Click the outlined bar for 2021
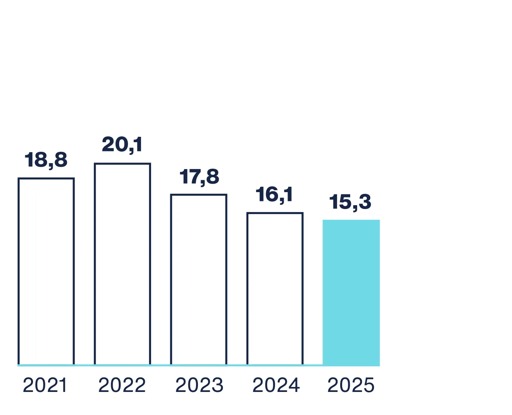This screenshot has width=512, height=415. tap(46, 271)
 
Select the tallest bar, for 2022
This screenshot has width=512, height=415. tap(122, 264)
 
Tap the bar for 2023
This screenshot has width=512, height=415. tap(199, 279)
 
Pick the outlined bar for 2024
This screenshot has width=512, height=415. tap(275, 289)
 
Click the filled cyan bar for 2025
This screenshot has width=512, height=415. tap(351, 292)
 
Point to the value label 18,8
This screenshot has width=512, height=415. tap(46, 160)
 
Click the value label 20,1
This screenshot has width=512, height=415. tap(122, 144)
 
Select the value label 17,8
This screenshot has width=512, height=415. tap(199, 177)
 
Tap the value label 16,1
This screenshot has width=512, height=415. tap(274, 194)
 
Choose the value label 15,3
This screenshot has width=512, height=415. tap(350, 202)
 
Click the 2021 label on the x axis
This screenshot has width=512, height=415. tap(45, 385)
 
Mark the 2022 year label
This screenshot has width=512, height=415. tap(122, 385)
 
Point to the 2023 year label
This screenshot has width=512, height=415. tap(199, 385)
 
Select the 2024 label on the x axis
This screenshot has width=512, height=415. tap(276, 385)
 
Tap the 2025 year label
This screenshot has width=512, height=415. tap(351, 385)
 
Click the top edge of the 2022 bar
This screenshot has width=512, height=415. tap(122, 164)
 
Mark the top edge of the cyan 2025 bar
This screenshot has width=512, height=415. tap(351, 221)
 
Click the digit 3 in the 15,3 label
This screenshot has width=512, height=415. tap(365, 202)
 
